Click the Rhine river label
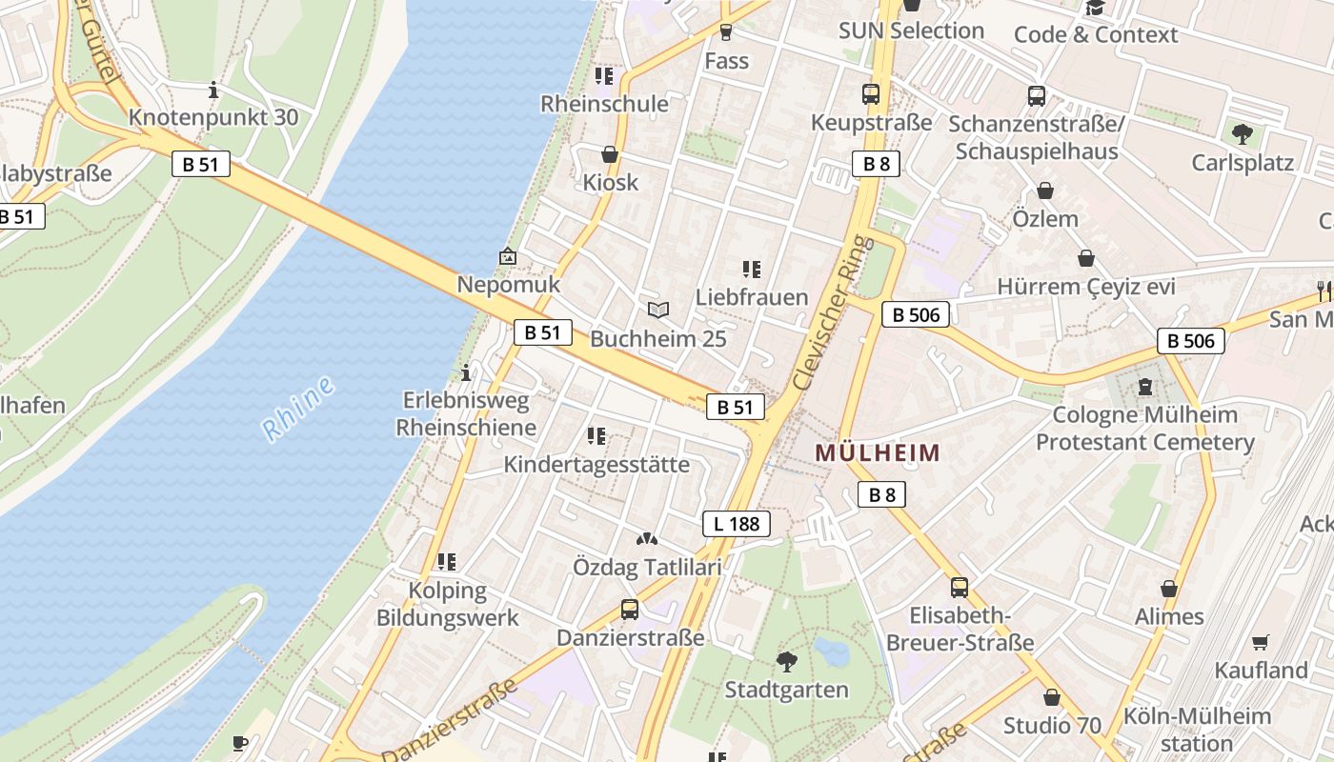(x=298, y=409)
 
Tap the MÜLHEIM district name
(x=878, y=452)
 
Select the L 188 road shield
(x=737, y=523)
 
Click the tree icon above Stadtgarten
(x=786, y=661)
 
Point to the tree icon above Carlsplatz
(x=1242, y=133)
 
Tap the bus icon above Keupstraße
(x=871, y=94)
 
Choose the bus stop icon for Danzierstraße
(x=630, y=609)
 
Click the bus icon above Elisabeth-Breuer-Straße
(x=960, y=587)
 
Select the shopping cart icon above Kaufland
(x=1261, y=642)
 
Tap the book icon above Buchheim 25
(x=657, y=310)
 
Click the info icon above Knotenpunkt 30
(x=213, y=90)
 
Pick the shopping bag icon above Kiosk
(x=610, y=154)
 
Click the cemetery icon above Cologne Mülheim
(x=1143, y=387)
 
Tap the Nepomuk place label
(x=509, y=285)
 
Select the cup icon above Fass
(x=726, y=32)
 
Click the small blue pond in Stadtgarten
(x=831, y=652)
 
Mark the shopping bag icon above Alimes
(x=1169, y=589)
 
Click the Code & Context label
(x=1096, y=35)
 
